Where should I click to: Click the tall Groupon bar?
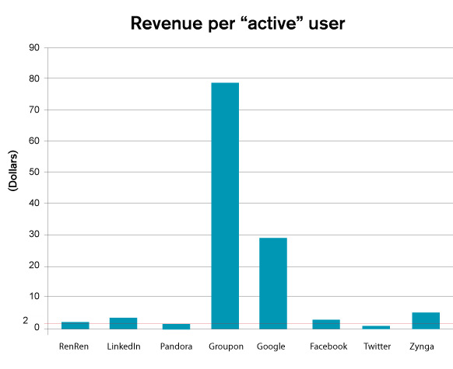point(225,206)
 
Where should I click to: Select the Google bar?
point(273,284)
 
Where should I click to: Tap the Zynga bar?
point(426,321)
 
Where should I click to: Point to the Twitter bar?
point(376,328)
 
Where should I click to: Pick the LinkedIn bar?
point(123,323)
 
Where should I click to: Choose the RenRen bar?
point(75,325)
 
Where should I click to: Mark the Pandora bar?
point(176,326)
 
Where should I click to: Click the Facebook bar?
point(326,324)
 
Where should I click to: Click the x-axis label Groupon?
point(226,346)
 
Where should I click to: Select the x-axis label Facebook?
point(328,346)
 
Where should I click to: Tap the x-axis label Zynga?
point(422,346)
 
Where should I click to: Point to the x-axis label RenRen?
point(74,346)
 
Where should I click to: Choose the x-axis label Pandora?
point(176,346)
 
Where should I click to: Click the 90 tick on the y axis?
point(34,47)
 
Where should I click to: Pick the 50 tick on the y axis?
point(34,172)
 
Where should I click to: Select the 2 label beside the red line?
point(26,320)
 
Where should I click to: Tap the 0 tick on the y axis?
point(37,328)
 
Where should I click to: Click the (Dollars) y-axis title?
point(13,170)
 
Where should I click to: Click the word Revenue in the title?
point(167,23)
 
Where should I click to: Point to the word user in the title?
point(327,24)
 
